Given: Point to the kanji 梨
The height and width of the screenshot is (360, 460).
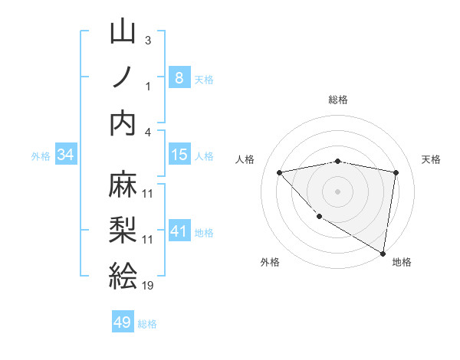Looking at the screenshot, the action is [x=123, y=230].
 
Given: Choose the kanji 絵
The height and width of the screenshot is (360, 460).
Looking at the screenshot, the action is [x=123, y=274].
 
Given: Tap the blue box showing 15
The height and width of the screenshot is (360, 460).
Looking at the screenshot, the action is [x=179, y=155].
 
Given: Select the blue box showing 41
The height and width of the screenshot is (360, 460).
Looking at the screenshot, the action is [x=179, y=231].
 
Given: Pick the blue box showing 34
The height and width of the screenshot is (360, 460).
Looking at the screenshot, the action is [x=66, y=155].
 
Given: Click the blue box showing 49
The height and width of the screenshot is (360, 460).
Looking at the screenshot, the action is [x=123, y=322].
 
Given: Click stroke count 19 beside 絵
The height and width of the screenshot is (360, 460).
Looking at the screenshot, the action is [x=148, y=285].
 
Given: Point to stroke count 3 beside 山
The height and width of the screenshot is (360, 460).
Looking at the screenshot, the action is [x=148, y=40].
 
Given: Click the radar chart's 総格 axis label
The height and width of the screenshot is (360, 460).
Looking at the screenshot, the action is [x=338, y=100].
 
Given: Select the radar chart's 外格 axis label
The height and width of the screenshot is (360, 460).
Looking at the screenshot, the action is [x=270, y=262].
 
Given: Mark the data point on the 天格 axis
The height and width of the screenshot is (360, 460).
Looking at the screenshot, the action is [x=396, y=172].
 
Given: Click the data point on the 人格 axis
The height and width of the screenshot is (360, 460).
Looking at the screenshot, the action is [x=280, y=172].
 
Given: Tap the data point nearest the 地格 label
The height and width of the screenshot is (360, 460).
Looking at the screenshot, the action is [x=383, y=253].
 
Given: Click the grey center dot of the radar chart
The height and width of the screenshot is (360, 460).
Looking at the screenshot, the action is [x=338, y=191].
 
